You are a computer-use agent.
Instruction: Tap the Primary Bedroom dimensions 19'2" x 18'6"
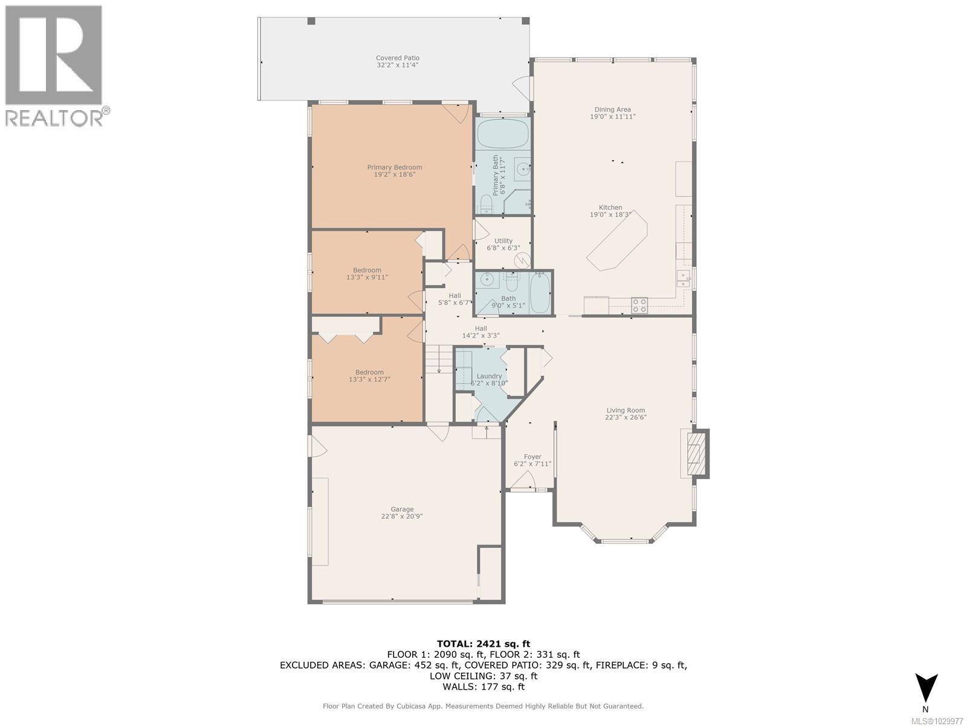click(394, 175)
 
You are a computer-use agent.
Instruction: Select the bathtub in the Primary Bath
click(502, 134)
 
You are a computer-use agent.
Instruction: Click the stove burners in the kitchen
click(639, 305)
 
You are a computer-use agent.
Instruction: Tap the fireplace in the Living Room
click(698, 453)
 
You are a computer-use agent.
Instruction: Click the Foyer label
click(532, 457)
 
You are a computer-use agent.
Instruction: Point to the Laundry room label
click(489, 376)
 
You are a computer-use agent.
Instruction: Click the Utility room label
click(503, 241)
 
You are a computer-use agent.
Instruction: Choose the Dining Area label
click(613, 110)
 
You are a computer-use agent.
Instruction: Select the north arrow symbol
click(925, 688)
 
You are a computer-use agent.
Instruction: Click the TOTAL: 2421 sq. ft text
click(483, 644)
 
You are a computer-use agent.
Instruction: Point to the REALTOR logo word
click(54, 117)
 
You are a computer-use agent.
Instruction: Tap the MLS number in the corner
click(939, 721)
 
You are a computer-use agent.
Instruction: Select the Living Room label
click(625, 410)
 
